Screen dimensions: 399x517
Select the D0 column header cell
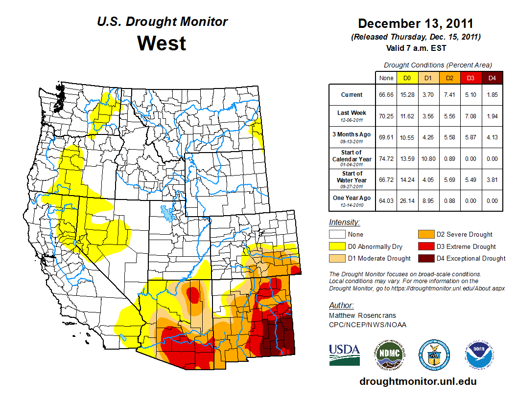(x=406, y=78)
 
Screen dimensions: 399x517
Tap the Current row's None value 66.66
(x=386, y=94)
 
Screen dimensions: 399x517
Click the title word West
(x=162, y=43)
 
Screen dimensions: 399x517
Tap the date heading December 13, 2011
(x=415, y=23)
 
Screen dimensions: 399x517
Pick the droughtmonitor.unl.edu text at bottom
(x=418, y=381)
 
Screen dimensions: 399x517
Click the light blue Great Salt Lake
(x=168, y=214)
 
